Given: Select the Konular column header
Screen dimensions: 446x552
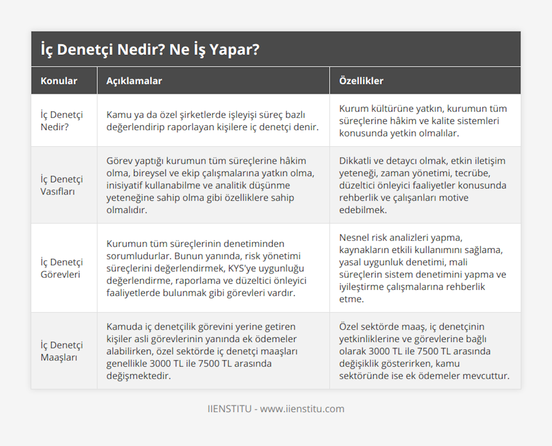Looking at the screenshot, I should coord(59,81).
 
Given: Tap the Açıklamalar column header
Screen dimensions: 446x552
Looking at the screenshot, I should coord(134,81).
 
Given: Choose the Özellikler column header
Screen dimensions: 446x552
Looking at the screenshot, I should coord(361,81).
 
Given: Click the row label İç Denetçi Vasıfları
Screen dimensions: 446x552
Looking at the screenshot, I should coord(62,185).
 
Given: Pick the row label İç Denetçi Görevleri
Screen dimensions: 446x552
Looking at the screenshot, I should coord(62,268).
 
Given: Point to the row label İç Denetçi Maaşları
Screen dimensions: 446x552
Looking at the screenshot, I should coord(62,351).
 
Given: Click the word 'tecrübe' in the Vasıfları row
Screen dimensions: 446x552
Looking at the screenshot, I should coord(478,173).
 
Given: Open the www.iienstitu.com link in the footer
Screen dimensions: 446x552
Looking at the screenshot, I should coord(302,409).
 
